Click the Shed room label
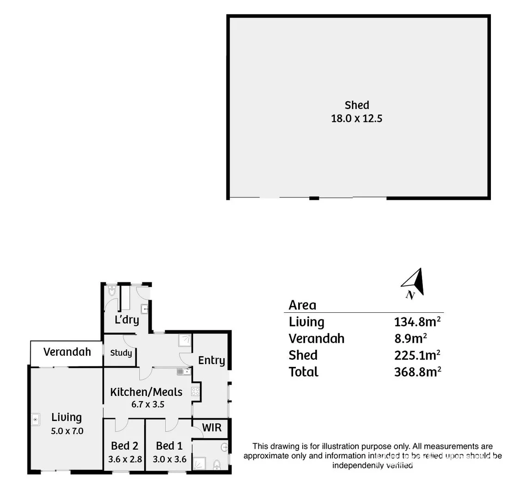[357, 105]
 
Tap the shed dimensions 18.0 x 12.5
[357, 118]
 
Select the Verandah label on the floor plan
[67, 352]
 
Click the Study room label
[121, 353]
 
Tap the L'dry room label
[127, 319]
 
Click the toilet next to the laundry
[111, 291]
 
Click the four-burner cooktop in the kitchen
[196, 392]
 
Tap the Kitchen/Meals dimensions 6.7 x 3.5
[148, 404]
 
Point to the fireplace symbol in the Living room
[36, 420]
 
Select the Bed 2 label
[124, 446]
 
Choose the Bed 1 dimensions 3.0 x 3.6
[169, 459]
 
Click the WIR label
[212, 427]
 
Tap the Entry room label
[212, 360]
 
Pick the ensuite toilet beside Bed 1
[217, 464]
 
